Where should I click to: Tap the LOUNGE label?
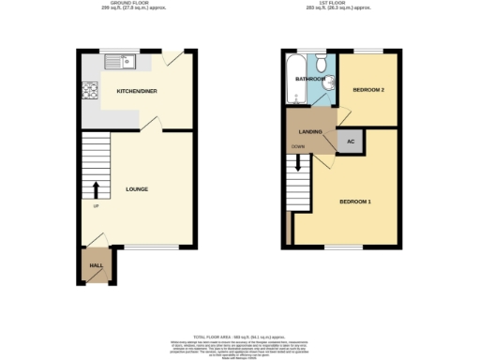137,189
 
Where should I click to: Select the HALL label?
96,266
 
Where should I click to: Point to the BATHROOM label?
310,80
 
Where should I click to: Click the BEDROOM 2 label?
368,90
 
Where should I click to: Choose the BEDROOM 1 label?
355,202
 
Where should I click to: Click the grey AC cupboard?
352,142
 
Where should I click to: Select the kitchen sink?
121,63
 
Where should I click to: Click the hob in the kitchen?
91,92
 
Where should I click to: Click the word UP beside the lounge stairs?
95,207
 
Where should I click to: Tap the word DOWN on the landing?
297,147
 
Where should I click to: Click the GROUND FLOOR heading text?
137,4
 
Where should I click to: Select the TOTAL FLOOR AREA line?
240,335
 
